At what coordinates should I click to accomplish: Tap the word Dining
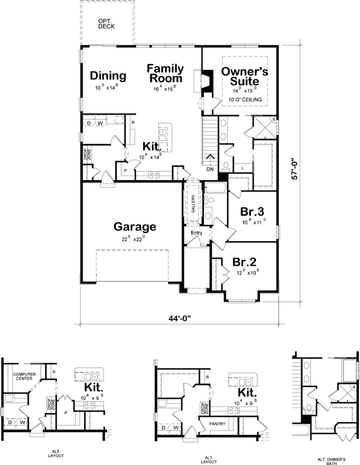click(x=108, y=76)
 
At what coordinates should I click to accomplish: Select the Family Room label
click(x=165, y=73)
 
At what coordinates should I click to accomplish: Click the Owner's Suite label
click(x=244, y=76)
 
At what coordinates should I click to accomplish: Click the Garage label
click(x=134, y=227)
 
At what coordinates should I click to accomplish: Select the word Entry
click(x=196, y=233)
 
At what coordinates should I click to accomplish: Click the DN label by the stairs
click(x=210, y=170)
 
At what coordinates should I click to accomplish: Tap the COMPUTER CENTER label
click(x=24, y=377)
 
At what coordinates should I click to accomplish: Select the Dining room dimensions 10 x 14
click(x=106, y=88)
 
